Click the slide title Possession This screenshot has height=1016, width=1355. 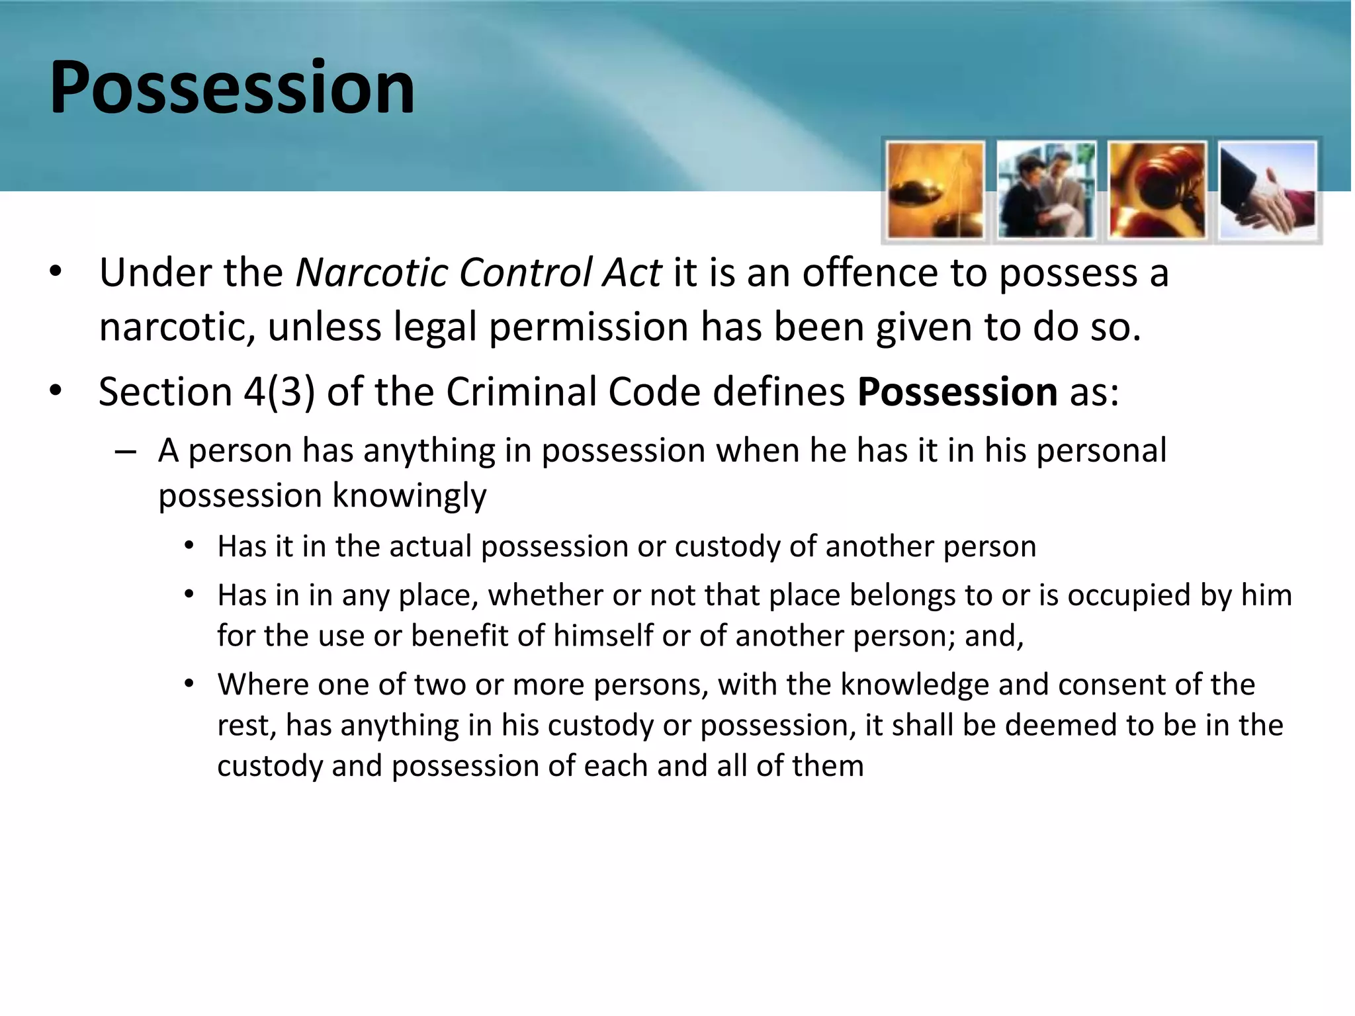(232, 87)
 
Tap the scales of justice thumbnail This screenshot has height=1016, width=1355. (935, 190)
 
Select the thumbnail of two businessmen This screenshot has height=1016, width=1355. (1046, 190)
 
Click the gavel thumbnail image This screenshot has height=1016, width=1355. (1157, 190)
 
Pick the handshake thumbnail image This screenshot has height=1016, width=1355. (1268, 190)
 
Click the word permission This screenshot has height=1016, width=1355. (589, 327)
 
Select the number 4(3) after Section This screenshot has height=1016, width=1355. (279, 392)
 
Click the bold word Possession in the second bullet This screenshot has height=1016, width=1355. (957, 392)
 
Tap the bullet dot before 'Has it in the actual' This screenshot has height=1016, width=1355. (189, 546)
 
